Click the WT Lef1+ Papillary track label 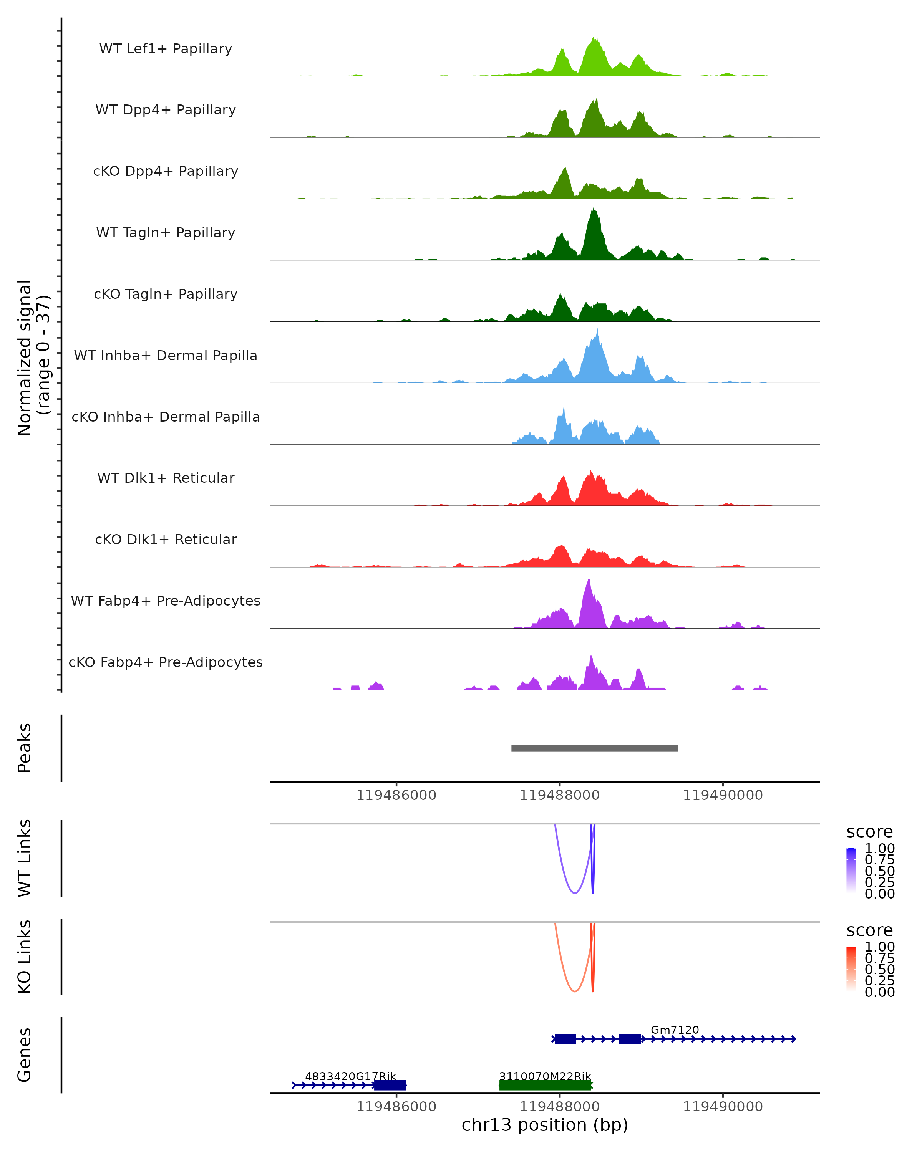click(x=166, y=49)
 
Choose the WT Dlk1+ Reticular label click(x=166, y=478)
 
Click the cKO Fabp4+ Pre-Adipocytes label click(x=166, y=662)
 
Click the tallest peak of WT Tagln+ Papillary click(x=593, y=211)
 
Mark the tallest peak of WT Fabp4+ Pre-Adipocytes click(x=589, y=582)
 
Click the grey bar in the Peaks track click(x=594, y=748)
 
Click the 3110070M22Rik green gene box click(x=545, y=1085)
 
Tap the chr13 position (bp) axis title click(x=545, y=1125)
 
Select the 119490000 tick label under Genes click(x=723, y=1107)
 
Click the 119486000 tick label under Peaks click(x=396, y=796)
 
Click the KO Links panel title click(x=25, y=957)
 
